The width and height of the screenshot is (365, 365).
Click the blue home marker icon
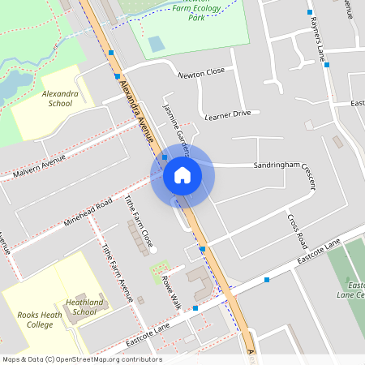pyautogui.click(x=182, y=175)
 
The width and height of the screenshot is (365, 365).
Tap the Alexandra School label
pyautogui.click(x=59, y=98)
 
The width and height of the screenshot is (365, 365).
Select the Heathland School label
pyautogui.click(x=84, y=307)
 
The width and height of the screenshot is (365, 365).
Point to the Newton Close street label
pyautogui.click(x=201, y=73)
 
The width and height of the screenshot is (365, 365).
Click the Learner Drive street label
pyautogui.click(x=228, y=114)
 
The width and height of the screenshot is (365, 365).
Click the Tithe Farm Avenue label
pyautogui.click(x=115, y=273)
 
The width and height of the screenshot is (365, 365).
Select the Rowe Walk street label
pyautogui.click(x=171, y=293)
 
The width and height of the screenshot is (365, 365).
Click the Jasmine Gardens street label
pyautogui.click(x=176, y=128)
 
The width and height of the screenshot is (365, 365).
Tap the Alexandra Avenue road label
pyautogui.click(x=135, y=113)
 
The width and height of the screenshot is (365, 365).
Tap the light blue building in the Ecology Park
pyautogui.click(x=156, y=44)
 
